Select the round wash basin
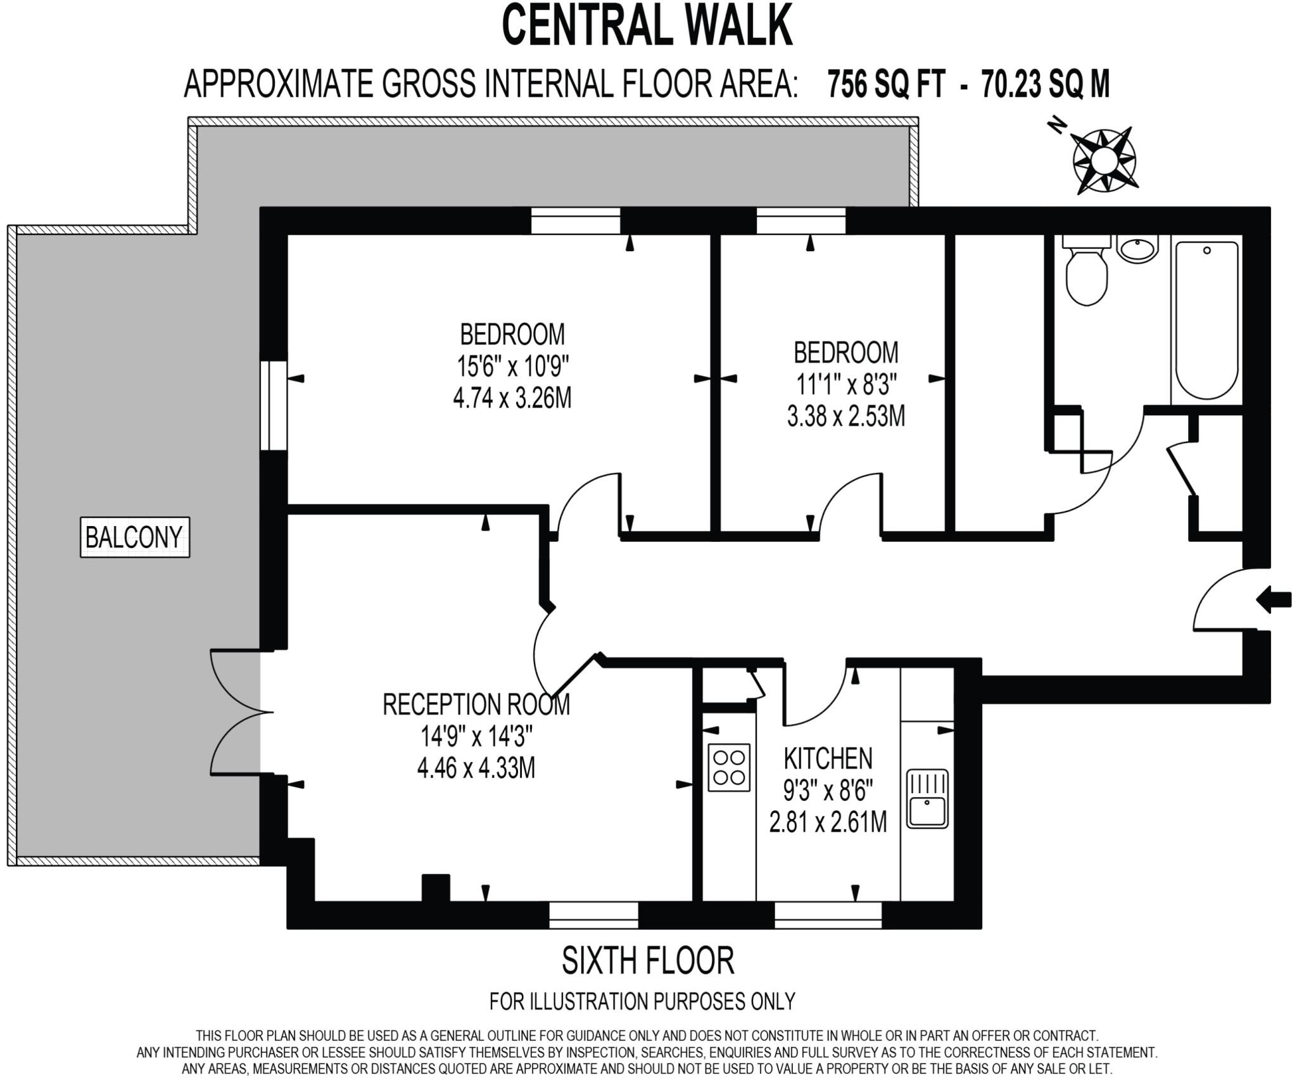pos(1137,249)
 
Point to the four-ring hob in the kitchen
pos(729,767)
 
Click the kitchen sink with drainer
pos(927,798)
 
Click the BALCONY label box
pos(134,537)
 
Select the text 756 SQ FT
pos(887,84)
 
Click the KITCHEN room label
pos(828,758)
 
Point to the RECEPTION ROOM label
pos(476,704)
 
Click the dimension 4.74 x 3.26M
pos(512,399)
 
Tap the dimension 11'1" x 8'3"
pos(846,384)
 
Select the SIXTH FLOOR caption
pos(648,960)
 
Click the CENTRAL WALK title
pos(647,25)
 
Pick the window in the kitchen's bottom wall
pos(828,915)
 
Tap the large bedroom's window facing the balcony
pos(274,405)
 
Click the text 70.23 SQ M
pos(1045,84)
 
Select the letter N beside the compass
pos(1056,126)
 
